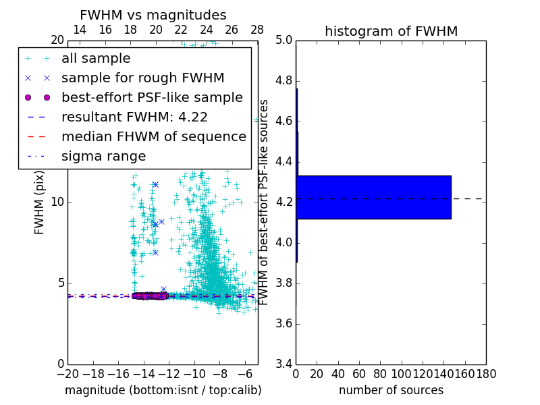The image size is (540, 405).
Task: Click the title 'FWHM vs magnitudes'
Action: pos(153,15)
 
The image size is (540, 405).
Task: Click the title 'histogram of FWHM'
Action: pos(391,31)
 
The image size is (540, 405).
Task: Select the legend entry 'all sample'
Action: pos(96,59)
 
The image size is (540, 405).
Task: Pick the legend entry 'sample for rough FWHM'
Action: pos(142,78)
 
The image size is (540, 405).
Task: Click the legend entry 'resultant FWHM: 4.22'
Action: pos(134,117)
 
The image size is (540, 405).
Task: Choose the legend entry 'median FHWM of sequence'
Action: pos(153,136)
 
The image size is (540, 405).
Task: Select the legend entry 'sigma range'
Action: pos(103,156)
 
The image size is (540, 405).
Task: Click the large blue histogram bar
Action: pos(373,197)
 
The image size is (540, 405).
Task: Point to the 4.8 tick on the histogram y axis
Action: pos(284,81)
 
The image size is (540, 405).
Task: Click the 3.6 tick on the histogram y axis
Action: pos(284,323)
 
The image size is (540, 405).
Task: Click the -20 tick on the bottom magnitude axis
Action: pos(67,373)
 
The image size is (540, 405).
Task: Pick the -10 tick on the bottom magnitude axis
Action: pos(194,373)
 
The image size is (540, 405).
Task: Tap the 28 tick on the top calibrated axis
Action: pos(257,30)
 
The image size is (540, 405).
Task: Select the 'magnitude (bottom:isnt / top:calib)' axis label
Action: pos(163,390)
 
